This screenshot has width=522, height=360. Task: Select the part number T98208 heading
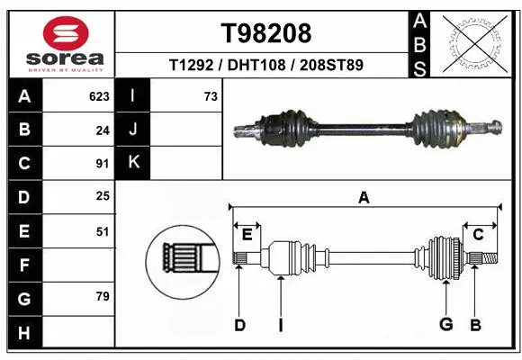(265, 33)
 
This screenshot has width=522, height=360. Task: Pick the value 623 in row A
(99, 96)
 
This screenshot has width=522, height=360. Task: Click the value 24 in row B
(102, 130)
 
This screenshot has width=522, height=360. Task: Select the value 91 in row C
(102, 164)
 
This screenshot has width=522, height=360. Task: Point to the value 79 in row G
(102, 296)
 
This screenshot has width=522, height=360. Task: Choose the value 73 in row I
(210, 96)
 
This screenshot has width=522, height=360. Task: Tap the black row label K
(133, 163)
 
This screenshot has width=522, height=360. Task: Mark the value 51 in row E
(102, 231)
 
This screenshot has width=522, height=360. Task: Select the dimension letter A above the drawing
(364, 198)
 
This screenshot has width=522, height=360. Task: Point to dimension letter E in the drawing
(247, 235)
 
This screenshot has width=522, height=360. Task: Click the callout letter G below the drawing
(445, 325)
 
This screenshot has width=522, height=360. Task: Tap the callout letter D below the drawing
(239, 325)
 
